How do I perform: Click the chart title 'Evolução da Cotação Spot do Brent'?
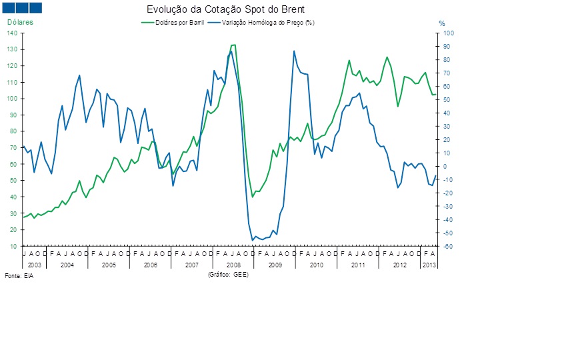coord(225,10)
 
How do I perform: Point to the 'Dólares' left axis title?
coord(20,22)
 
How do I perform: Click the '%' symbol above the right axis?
coord(441,24)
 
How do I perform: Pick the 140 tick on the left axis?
coord(13,33)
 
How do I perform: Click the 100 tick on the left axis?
coord(13,99)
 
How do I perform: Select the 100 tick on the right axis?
coord(448,33)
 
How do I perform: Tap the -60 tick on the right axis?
coord(448,247)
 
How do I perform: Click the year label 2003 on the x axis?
coord(34,265)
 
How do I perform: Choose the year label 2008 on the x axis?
coord(233,265)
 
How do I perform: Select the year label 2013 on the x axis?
coord(429,265)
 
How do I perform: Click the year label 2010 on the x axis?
coord(316,265)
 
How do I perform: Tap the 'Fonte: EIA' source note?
coord(19,275)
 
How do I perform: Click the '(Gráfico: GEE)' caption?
coord(228,274)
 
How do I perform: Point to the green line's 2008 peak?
coord(233,45)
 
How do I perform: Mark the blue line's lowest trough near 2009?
coord(253,240)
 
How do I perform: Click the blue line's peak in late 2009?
coord(294,51)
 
